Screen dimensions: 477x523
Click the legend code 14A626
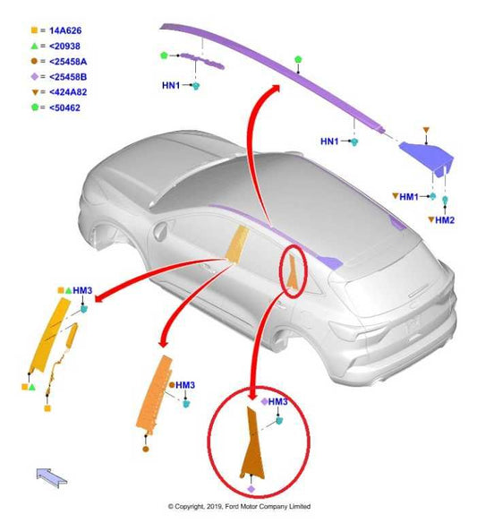(65, 30)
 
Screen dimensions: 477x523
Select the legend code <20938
(64, 46)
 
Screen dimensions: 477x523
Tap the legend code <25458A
(68, 62)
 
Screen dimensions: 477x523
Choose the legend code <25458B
(68, 77)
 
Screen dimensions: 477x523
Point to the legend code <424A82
(68, 92)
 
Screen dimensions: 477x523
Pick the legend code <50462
(64, 107)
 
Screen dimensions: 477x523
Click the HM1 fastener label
(409, 197)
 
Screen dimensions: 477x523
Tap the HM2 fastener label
(445, 220)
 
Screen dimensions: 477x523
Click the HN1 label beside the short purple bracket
(171, 85)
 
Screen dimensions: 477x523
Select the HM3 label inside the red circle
(277, 401)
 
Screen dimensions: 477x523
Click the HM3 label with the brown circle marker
(185, 385)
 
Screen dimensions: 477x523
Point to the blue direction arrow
(52, 477)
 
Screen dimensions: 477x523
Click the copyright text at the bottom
(239, 506)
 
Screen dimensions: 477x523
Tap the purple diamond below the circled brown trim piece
(251, 489)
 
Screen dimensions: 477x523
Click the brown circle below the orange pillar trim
(146, 449)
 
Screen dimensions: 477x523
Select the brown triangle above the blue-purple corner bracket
(426, 130)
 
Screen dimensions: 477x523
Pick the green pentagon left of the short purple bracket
(164, 56)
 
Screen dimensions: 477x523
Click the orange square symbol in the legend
(34, 30)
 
